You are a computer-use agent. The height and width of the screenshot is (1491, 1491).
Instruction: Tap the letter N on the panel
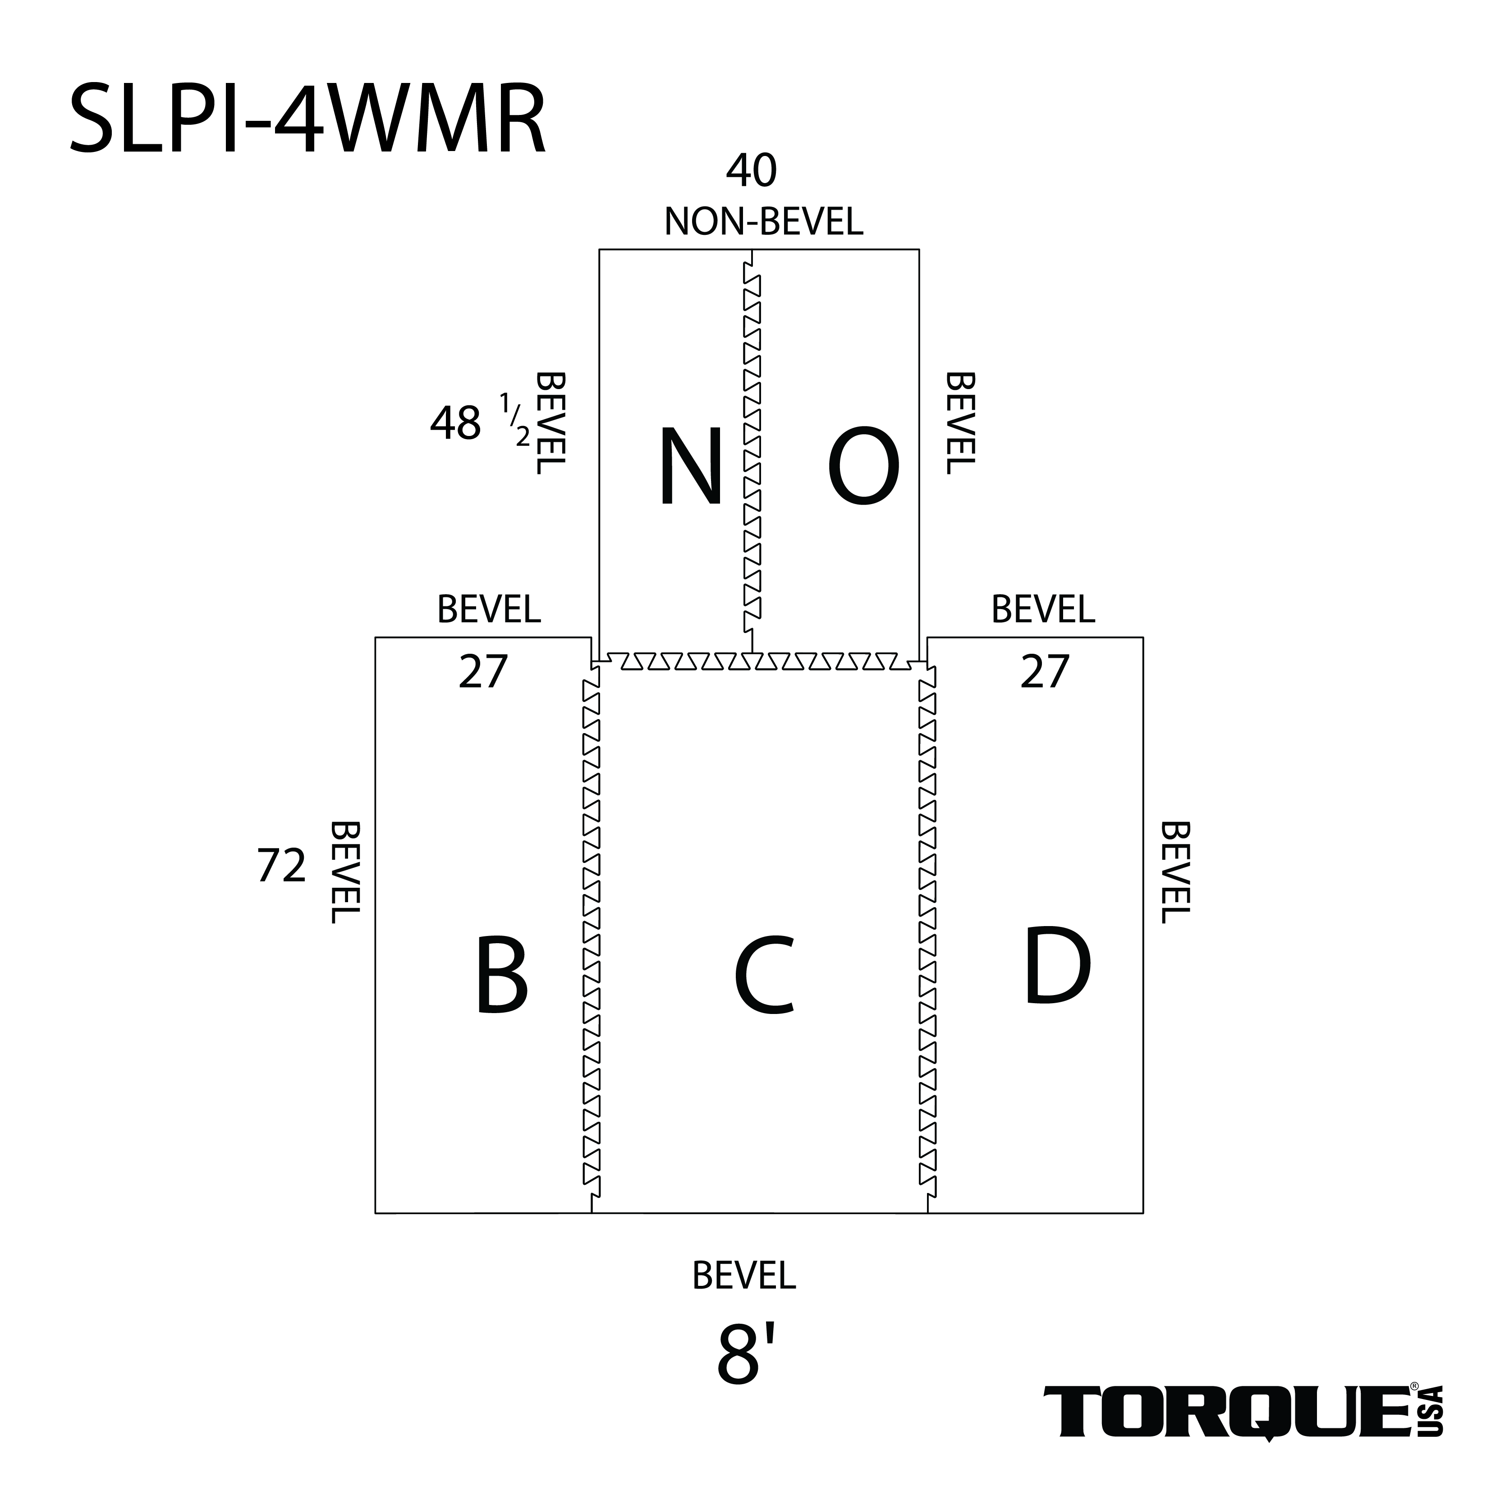[x=690, y=468]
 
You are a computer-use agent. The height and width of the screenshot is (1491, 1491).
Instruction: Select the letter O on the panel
[x=863, y=468]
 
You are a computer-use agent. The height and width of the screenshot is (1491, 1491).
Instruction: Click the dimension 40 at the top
[x=751, y=171]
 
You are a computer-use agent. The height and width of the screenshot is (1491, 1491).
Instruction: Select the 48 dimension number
[x=455, y=424]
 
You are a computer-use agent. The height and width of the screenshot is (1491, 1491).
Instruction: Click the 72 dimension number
[x=282, y=866]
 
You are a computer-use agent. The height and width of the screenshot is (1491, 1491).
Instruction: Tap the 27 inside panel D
[x=1044, y=672]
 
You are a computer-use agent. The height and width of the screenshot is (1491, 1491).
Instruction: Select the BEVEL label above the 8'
[x=744, y=1275]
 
